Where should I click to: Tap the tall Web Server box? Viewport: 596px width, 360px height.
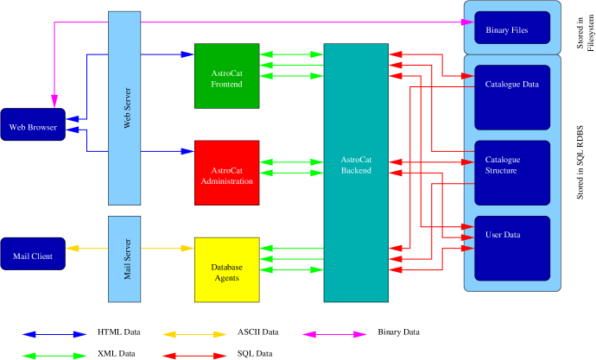coord(124,108)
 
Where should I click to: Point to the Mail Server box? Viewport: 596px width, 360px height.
coord(124,259)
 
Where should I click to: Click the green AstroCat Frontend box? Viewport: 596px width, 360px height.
coord(226,76)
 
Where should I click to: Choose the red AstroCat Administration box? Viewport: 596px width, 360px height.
coord(226,173)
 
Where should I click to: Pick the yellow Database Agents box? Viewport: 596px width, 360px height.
coord(226,269)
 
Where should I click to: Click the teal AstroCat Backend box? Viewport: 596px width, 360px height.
coord(356,173)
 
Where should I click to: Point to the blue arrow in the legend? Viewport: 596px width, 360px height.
coord(54,334)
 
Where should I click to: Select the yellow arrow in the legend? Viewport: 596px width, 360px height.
coord(194,334)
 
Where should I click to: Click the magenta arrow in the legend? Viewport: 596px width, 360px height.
coord(335,334)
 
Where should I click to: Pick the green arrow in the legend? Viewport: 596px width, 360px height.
coord(54,355)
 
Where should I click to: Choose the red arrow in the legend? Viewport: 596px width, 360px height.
coord(194,355)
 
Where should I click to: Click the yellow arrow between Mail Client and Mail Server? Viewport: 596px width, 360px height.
coord(86,249)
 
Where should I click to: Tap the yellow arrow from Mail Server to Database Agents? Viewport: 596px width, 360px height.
coord(168,249)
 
